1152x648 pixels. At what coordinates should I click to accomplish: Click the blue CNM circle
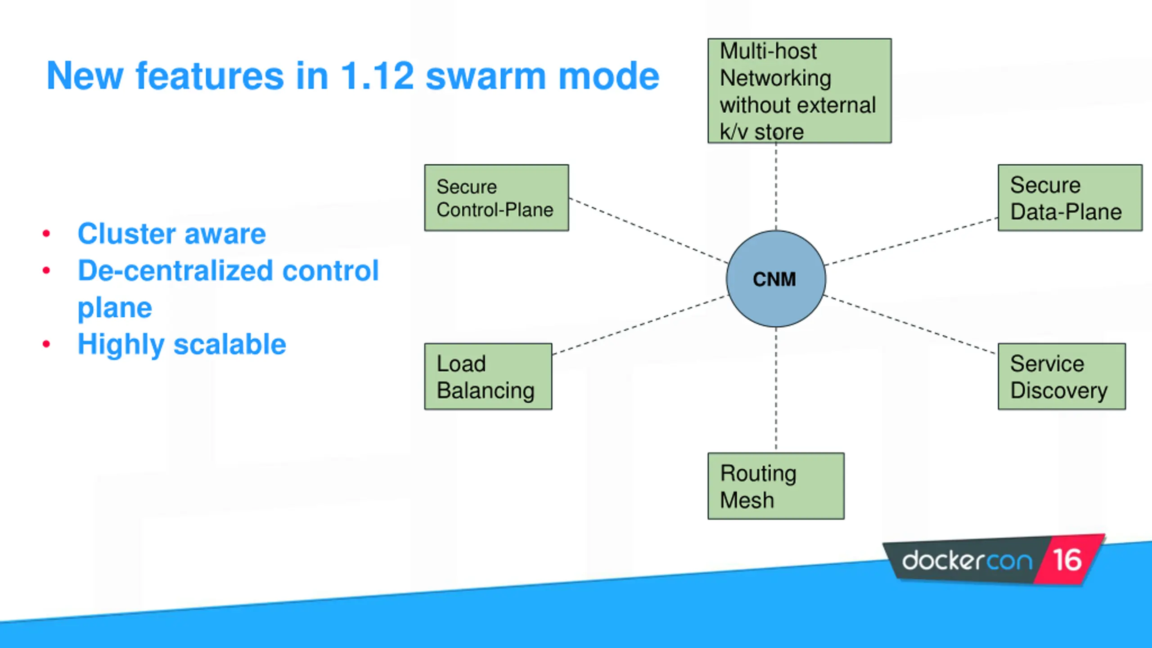point(776,279)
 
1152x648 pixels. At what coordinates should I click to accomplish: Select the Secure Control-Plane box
point(496,198)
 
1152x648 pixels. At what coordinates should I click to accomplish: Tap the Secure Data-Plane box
point(1070,198)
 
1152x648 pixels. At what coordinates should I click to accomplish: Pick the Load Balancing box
point(488,376)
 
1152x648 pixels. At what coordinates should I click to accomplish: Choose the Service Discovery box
point(1062,376)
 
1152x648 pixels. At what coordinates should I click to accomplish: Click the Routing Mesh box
point(776,486)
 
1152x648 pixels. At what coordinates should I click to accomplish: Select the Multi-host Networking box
point(800,90)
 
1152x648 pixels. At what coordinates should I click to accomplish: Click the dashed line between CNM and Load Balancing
point(640,325)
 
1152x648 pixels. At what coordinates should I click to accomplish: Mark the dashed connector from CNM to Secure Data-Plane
point(912,241)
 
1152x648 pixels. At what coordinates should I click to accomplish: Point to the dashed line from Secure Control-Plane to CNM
point(648,230)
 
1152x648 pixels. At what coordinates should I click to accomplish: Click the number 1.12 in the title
point(377,76)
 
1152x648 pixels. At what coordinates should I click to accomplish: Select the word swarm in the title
point(486,76)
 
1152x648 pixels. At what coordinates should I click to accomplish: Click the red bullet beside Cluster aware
point(46,233)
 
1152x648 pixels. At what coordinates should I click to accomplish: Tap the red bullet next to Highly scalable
point(46,344)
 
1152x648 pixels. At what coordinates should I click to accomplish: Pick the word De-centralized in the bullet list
point(175,270)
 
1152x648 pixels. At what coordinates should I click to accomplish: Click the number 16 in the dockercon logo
point(1067,560)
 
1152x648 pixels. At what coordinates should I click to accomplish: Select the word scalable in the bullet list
point(230,344)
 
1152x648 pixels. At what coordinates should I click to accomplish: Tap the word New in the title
point(85,76)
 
